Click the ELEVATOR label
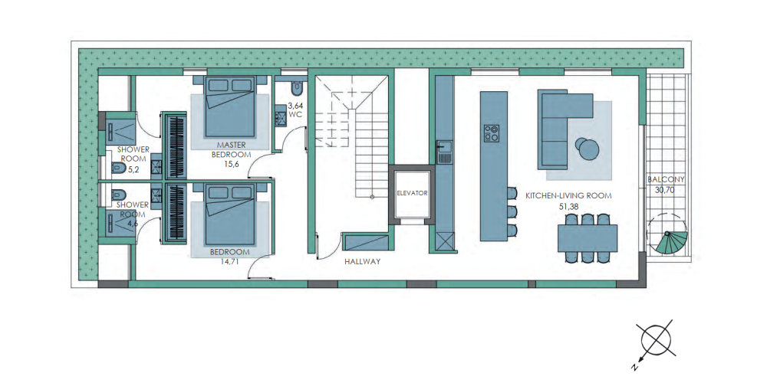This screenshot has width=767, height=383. (412, 193)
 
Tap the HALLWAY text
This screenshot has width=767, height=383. (363, 262)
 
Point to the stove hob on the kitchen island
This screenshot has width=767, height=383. (492, 133)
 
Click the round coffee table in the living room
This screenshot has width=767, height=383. (586, 149)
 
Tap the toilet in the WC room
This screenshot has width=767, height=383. (296, 87)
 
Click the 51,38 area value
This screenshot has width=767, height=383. (569, 206)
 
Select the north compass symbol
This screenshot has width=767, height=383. (656, 341)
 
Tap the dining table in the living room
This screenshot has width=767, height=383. (587, 238)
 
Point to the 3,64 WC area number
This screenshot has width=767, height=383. (295, 105)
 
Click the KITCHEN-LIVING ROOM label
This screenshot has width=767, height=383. (568, 195)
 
